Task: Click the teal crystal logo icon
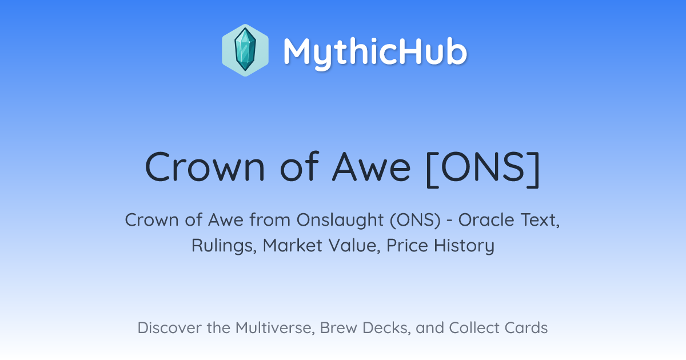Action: click(245, 50)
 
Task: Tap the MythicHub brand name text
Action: click(375, 53)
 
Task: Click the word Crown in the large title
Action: click(205, 167)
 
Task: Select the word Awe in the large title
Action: click(371, 167)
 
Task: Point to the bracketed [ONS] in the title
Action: click(482, 169)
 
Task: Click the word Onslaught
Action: click(340, 221)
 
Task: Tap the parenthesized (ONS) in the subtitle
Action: click(415, 220)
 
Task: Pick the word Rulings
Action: click(224, 246)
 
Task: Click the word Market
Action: click(293, 245)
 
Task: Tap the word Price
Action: click(407, 245)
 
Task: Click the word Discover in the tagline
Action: click(170, 327)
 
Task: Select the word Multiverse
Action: click(276, 328)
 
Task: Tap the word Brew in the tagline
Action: click(338, 328)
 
